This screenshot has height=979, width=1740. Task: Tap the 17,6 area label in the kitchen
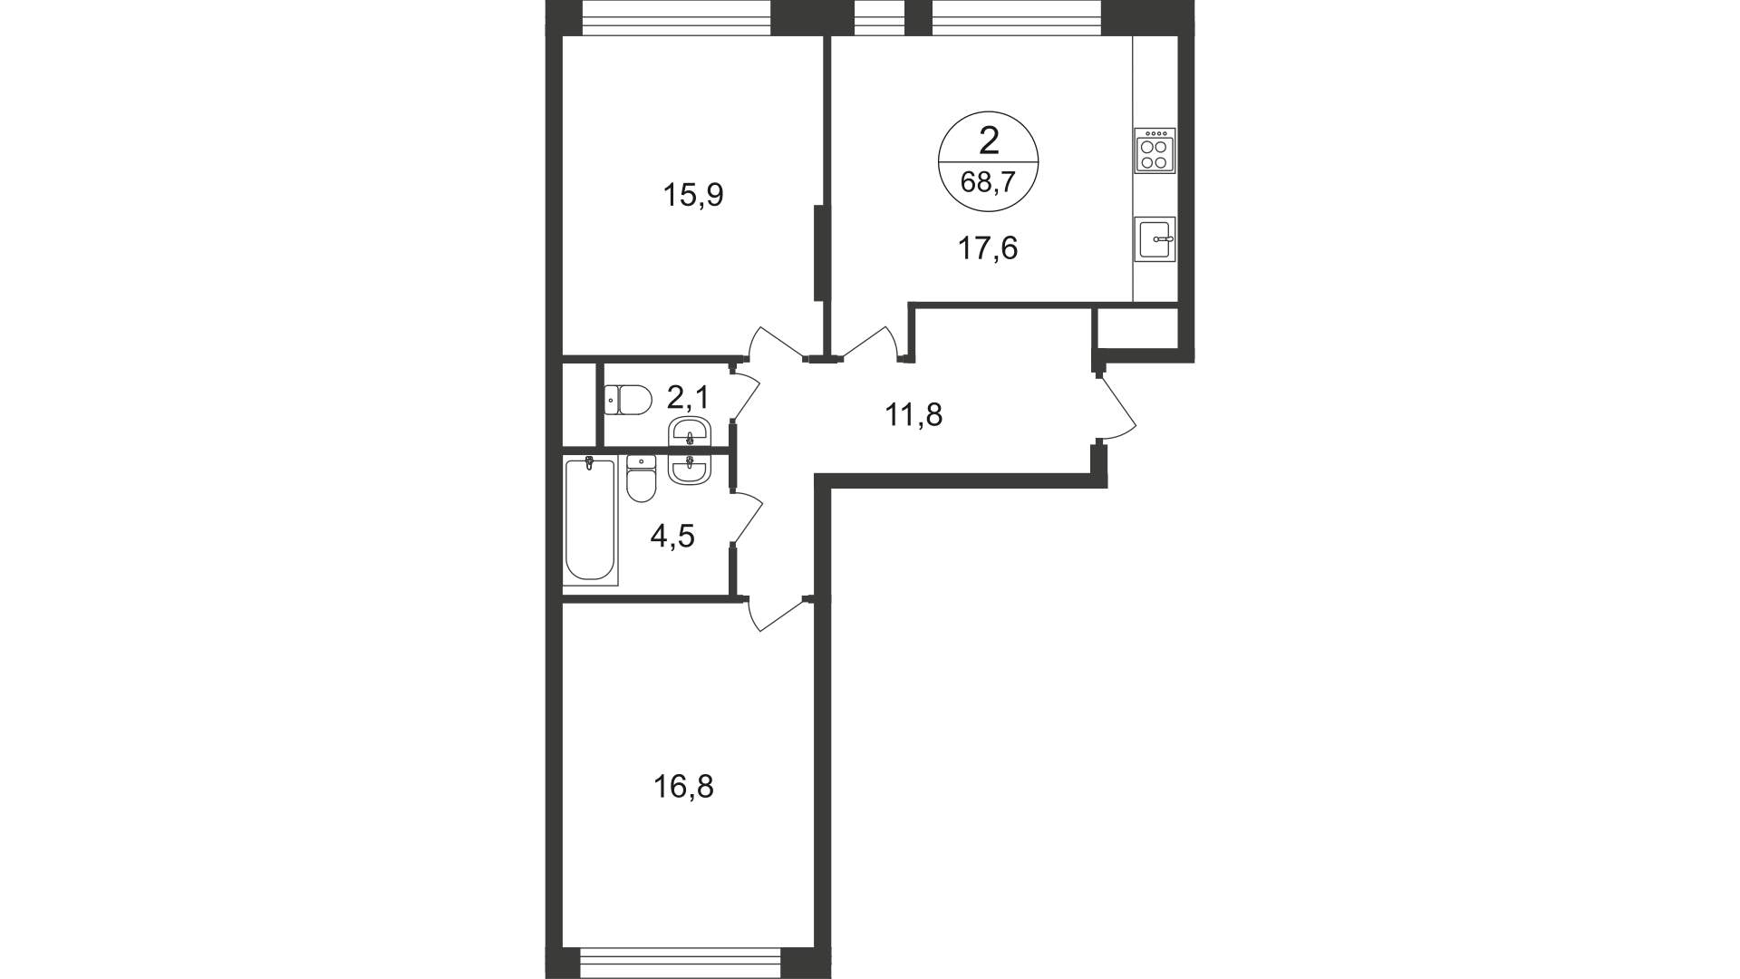tap(988, 247)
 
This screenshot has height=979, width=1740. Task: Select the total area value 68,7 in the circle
tap(988, 184)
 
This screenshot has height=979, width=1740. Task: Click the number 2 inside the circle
tap(988, 141)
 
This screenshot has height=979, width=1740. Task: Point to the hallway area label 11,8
tap(913, 415)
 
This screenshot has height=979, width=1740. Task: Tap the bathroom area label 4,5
tap(672, 537)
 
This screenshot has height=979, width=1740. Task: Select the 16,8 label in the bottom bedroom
tap(683, 786)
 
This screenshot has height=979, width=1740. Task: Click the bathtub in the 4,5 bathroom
tap(589, 519)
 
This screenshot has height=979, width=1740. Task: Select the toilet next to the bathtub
tap(642, 478)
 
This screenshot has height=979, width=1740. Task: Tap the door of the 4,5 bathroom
tap(747, 519)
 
